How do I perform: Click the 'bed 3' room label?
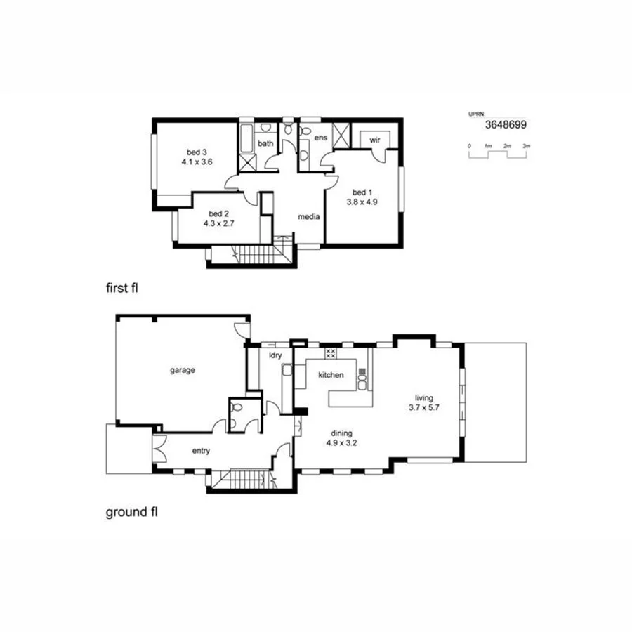tap(197, 152)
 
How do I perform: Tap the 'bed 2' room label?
tap(219, 213)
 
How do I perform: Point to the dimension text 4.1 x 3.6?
tap(197, 162)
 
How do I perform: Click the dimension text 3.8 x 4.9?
tap(362, 202)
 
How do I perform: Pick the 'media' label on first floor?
tap(309, 216)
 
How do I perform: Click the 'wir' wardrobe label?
tap(374, 140)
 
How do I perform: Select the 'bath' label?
tap(265, 143)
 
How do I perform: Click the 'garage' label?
tap(181, 369)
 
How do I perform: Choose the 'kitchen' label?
tap(331, 375)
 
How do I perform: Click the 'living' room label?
tap(426, 397)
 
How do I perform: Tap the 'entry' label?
tap(201, 451)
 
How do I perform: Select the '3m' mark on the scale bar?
tap(526, 145)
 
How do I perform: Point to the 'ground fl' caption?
tap(131, 512)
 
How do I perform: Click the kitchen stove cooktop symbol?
tap(331, 354)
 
